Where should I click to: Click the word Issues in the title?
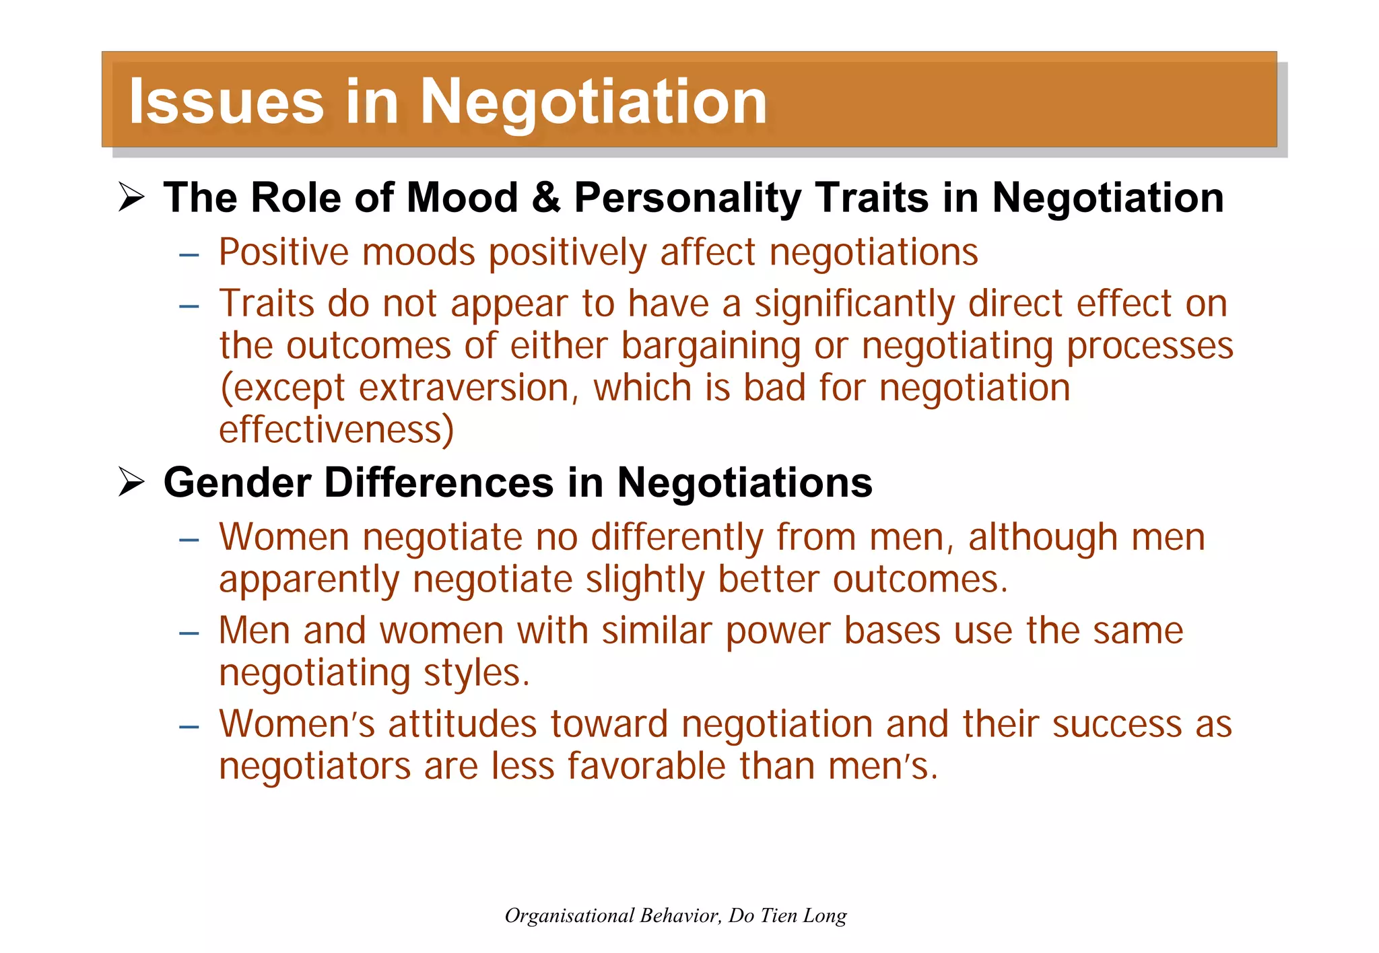coord(226,102)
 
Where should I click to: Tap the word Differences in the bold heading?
coord(439,483)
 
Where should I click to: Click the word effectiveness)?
coord(337,430)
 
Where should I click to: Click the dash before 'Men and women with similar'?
coord(189,633)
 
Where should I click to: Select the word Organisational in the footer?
coord(570,915)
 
